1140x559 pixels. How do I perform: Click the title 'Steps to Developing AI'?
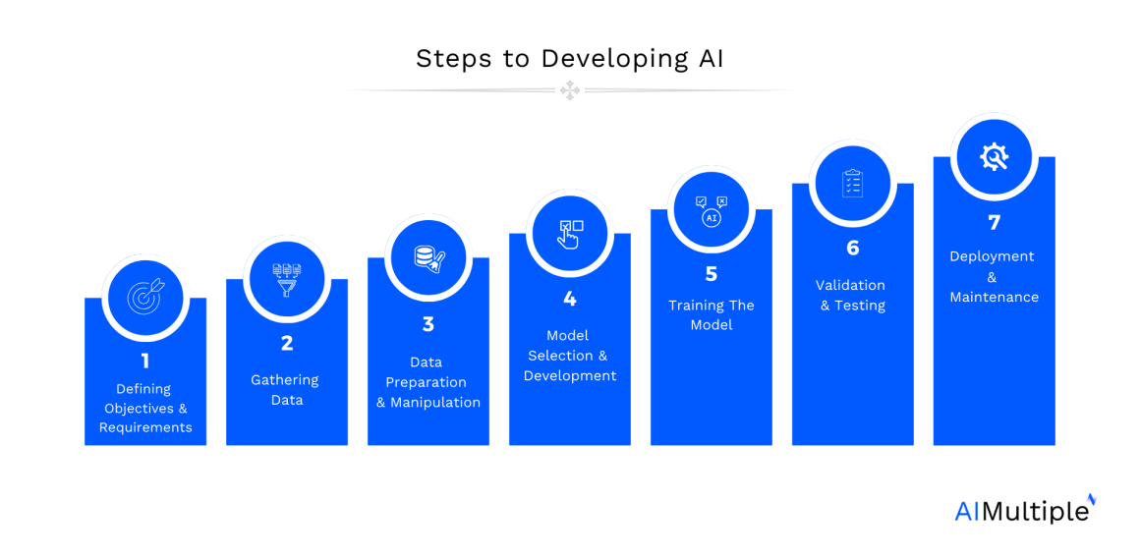(569, 58)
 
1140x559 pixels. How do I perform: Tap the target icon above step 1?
(144, 297)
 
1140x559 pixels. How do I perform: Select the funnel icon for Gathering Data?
(286, 277)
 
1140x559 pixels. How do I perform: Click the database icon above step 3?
(427, 256)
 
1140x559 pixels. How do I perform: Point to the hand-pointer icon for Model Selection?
(570, 233)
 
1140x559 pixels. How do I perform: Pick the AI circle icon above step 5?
(712, 209)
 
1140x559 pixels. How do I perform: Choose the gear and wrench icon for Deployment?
(994, 156)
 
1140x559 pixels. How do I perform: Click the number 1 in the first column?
(144, 361)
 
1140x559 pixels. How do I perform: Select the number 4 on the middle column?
(570, 299)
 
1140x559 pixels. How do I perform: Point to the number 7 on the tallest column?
(994, 223)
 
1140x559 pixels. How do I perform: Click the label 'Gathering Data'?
(286, 390)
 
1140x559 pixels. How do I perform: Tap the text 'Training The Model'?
(712, 314)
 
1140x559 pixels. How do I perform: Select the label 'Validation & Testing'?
(852, 295)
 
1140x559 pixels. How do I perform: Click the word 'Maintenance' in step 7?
(994, 297)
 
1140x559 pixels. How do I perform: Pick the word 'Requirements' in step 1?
(145, 427)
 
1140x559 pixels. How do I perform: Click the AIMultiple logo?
(1024, 510)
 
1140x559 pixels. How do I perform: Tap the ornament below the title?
(570, 90)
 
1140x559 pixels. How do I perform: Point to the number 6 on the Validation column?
(852, 248)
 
